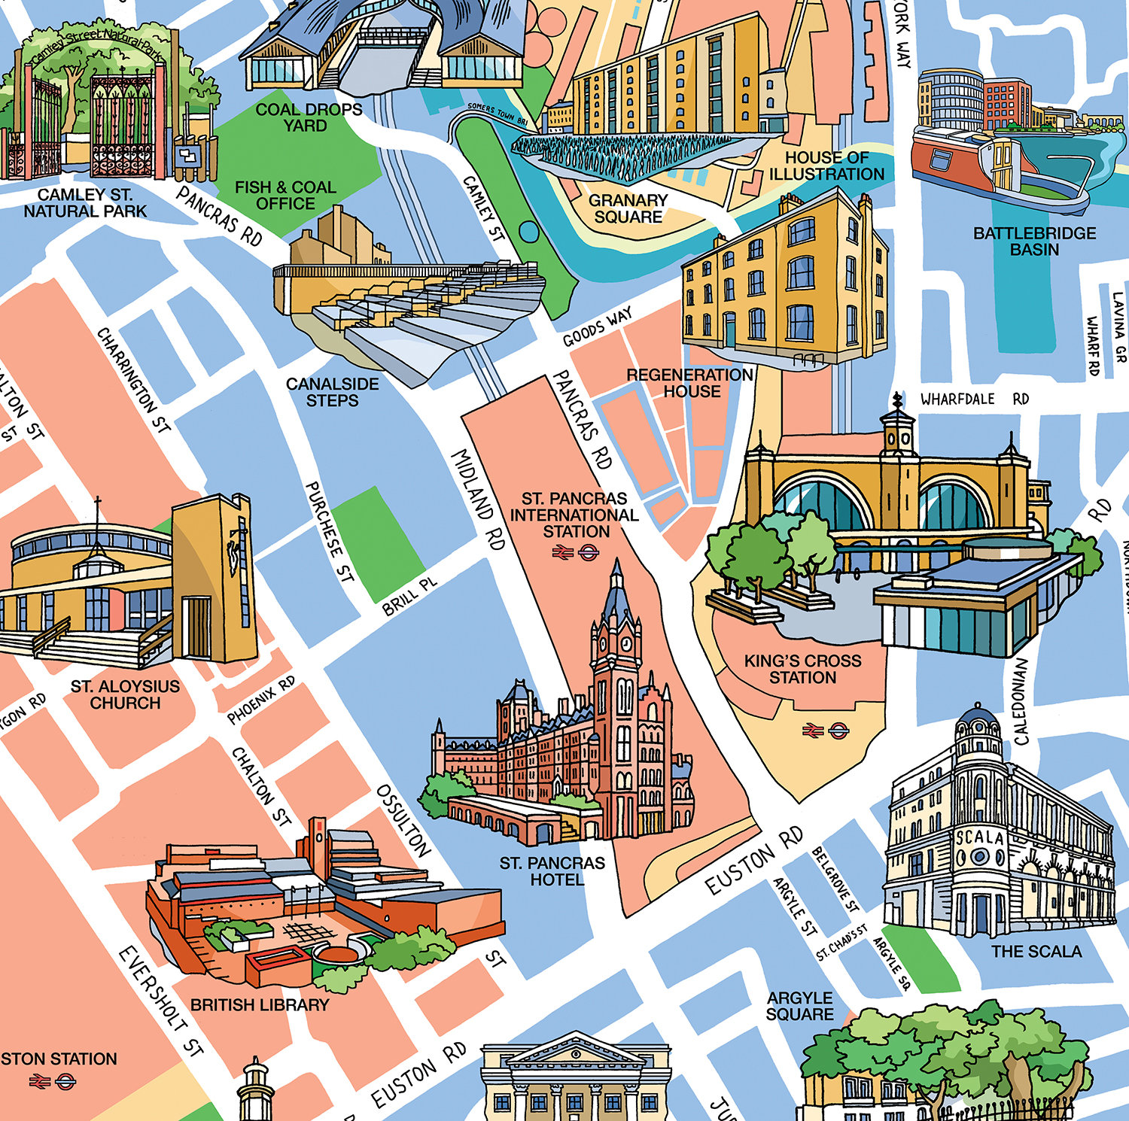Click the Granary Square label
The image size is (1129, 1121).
628,209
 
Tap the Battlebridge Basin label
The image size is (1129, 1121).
1034,242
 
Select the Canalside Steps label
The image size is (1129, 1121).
332,392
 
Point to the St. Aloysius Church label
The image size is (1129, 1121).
125,694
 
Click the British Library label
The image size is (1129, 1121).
260,1005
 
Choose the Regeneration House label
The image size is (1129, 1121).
689,383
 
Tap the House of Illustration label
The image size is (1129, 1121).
826,166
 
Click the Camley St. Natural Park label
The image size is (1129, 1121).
85,203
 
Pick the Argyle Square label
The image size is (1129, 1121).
799,1006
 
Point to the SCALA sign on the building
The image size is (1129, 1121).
979,837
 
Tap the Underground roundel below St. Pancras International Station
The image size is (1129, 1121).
589,553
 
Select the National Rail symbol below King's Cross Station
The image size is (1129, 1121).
811,730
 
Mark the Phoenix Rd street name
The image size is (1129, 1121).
261,700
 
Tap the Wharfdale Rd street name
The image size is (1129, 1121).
974,399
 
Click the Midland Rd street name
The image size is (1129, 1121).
477,500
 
